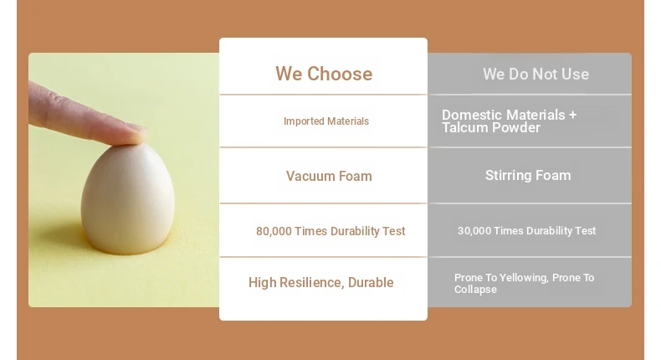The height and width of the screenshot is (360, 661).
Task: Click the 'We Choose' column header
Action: (x=324, y=74)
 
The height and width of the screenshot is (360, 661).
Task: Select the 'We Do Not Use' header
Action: (x=535, y=75)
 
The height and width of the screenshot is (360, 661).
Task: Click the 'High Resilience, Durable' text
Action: (x=320, y=282)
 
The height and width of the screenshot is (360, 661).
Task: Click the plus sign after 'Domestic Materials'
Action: (x=572, y=115)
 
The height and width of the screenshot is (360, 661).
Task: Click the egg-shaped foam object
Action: (x=128, y=198)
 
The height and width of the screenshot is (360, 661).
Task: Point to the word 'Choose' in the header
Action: (x=340, y=74)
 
